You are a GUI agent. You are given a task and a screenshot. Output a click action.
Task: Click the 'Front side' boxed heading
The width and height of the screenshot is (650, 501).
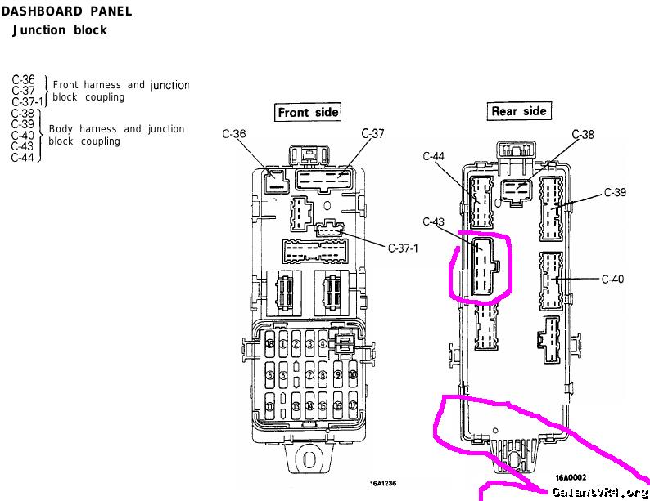(x=307, y=112)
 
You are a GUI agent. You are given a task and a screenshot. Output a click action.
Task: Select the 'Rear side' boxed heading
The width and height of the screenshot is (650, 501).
(x=518, y=110)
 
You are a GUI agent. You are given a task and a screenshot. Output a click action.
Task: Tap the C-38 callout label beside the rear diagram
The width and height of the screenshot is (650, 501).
(x=583, y=134)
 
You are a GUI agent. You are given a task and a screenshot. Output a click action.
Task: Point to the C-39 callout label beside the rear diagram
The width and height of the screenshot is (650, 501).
(x=615, y=193)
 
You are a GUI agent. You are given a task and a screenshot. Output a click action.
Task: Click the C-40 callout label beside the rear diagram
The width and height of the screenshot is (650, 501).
(x=612, y=280)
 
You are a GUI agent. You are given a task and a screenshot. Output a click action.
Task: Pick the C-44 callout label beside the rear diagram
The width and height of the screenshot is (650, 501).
(x=434, y=156)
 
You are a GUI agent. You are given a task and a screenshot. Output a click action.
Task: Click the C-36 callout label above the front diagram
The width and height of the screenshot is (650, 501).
(x=234, y=133)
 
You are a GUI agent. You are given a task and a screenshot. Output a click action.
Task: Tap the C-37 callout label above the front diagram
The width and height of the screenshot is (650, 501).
(x=373, y=133)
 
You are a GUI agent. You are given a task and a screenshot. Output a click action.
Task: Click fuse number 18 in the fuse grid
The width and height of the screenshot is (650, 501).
(x=269, y=344)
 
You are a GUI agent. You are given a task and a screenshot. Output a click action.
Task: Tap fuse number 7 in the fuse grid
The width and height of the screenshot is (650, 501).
(x=310, y=375)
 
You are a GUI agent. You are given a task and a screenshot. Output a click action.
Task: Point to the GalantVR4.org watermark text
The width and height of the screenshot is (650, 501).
(x=600, y=493)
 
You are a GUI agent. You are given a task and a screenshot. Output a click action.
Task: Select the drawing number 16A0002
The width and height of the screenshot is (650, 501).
(x=570, y=476)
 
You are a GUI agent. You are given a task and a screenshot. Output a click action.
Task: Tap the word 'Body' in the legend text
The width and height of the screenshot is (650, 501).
(x=61, y=129)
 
